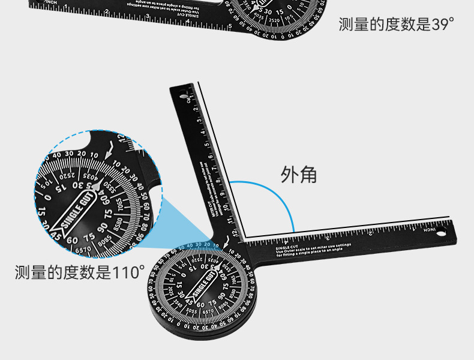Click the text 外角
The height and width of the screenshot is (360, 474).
pyautogui.click(x=298, y=175)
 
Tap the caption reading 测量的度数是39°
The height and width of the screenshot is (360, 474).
pyautogui.click(x=396, y=25)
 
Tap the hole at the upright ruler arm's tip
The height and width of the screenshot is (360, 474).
pyautogui.click(x=179, y=94)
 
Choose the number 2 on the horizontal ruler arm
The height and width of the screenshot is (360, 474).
pyautogui.click(x=371, y=233)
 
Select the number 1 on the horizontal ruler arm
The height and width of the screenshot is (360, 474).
pyautogui.click(x=414, y=230)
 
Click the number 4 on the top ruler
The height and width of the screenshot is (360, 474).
pyautogui.click(x=188, y=22)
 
